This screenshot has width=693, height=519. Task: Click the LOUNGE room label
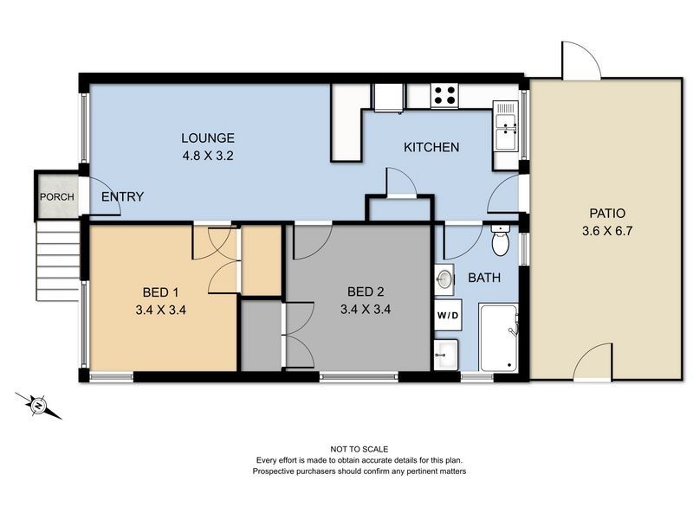(208, 138)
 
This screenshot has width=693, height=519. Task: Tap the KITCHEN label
(431, 147)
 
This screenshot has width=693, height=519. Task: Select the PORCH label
(56, 197)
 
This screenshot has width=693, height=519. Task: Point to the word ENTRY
(122, 197)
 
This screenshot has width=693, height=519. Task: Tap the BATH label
(483, 279)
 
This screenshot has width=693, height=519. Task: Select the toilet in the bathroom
(501, 241)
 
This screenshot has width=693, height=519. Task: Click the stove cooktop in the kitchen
(445, 94)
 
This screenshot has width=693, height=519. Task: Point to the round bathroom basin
(444, 279)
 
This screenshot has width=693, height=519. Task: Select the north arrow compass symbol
(39, 404)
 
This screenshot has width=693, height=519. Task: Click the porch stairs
(59, 259)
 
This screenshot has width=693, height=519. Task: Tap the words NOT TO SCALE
(359, 448)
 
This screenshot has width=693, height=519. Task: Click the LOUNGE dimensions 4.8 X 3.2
(208, 157)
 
